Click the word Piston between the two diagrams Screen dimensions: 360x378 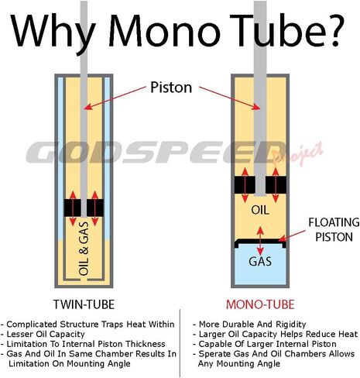(171, 88)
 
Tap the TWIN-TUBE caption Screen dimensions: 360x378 (84, 304)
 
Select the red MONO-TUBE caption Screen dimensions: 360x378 (260, 304)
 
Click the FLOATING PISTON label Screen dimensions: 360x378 (334, 229)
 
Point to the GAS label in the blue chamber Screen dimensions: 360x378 (260, 261)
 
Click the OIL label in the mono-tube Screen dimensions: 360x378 (260, 210)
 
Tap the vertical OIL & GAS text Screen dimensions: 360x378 (84, 249)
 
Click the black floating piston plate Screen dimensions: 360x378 (260, 242)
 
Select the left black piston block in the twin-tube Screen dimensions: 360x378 (72, 208)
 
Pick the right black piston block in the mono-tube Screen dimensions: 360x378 (276, 184)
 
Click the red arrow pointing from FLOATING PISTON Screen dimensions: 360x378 (292, 236)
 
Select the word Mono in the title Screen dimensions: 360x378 (164, 30)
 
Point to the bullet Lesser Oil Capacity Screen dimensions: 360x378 (43, 334)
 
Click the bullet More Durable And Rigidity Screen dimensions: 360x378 (249, 324)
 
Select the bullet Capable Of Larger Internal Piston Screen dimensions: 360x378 (265, 344)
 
